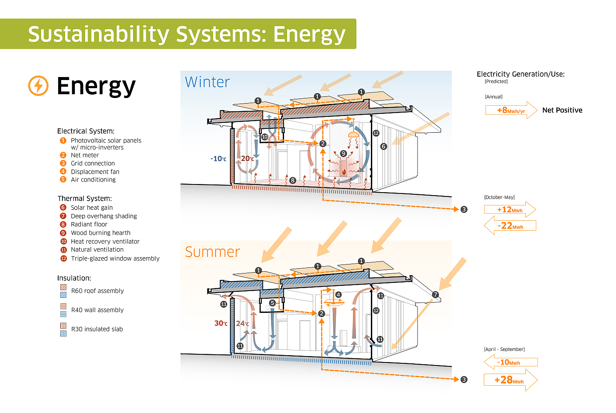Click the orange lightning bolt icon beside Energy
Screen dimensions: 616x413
point(38,86)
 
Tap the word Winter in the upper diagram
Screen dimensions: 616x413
point(207,82)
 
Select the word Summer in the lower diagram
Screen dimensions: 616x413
point(212,252)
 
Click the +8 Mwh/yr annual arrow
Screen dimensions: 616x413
point(511,110)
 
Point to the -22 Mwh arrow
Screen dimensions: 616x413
point(510,226)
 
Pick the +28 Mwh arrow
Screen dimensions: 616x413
point(511,380)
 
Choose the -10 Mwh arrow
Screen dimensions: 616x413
point(511,362)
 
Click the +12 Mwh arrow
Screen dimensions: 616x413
point(510,209)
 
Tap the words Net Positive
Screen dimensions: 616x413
point(562,110)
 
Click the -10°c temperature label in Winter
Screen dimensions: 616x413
point(218,158)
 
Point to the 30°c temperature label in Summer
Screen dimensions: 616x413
point(221,323)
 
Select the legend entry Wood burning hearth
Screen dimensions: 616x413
point(101,233)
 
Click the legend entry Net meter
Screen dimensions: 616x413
point(85,155)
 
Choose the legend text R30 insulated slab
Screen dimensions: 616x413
point(97,329)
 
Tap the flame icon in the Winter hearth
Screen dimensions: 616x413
point(344,172)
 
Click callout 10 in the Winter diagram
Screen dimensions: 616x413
point(264,137)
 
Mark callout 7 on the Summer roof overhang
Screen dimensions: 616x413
point(435,295)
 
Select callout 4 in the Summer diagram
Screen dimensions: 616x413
point(338,295)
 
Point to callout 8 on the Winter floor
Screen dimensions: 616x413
point(293,181)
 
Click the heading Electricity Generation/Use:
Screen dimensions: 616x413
point(521,74)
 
